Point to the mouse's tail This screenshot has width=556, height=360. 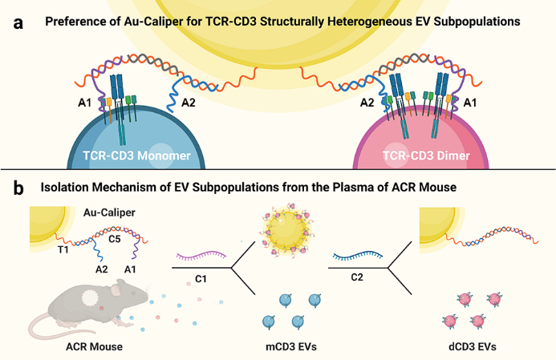tap(40, 325)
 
